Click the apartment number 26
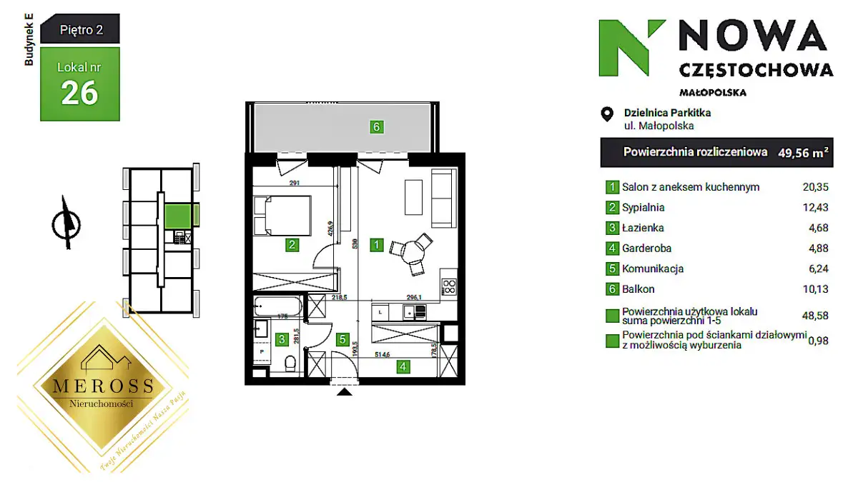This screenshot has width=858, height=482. click(79, 93)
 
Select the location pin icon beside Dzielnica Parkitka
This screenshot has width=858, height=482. click(607, 114)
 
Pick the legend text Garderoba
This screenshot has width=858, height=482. click(647, 248)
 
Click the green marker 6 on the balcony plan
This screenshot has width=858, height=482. click(377, 128)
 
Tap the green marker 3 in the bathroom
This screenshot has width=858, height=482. click(282, 340)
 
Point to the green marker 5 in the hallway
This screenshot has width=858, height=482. click(343, 340)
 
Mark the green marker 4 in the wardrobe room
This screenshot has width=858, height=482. click(404, 367)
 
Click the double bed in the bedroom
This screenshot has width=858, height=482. click(283, 215)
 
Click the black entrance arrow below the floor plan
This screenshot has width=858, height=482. click(344, 391)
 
